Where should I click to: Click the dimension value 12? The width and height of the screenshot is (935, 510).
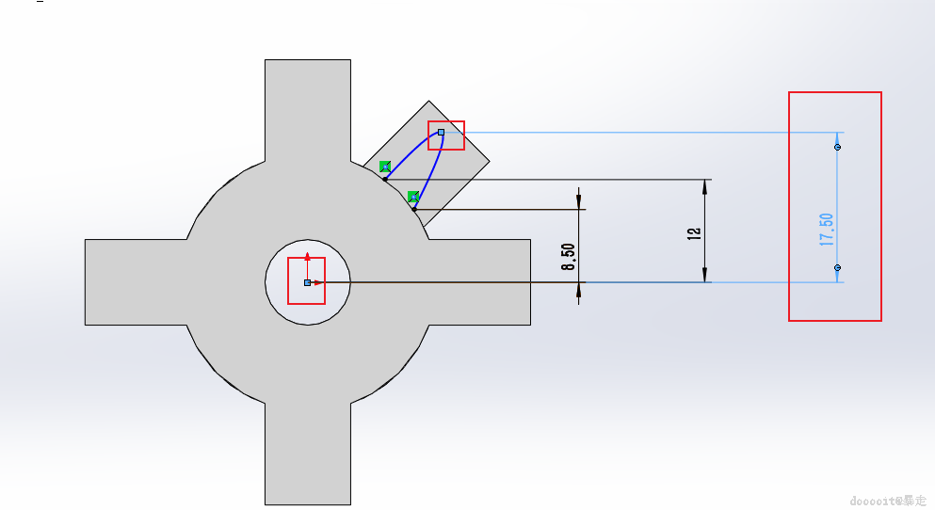point(695,231)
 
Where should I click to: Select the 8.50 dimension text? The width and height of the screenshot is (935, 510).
point(569,256)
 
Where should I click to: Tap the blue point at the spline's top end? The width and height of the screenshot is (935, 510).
point(441,133)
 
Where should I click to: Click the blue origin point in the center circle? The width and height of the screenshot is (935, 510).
point(307,282)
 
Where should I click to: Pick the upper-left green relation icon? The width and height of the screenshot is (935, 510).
point(385,167)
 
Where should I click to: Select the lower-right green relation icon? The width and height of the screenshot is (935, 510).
point(413,197)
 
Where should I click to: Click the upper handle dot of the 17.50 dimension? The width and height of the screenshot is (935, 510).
point(837,147)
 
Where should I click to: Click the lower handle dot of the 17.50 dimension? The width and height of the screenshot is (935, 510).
point(837,268)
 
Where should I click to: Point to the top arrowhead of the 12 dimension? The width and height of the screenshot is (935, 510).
point(705,185)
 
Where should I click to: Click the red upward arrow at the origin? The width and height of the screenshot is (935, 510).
point(307,260)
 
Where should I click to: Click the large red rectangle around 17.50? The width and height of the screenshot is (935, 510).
point(789,207)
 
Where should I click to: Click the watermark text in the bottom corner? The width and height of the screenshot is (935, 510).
point(887,501)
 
